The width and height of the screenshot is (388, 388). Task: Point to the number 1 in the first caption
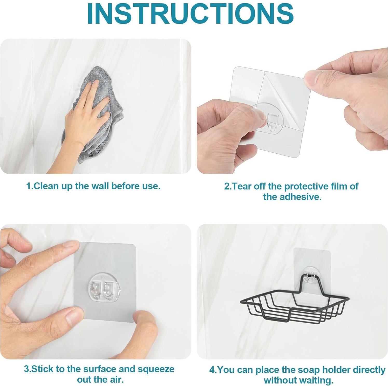28,186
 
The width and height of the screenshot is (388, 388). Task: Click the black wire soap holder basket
295,298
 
